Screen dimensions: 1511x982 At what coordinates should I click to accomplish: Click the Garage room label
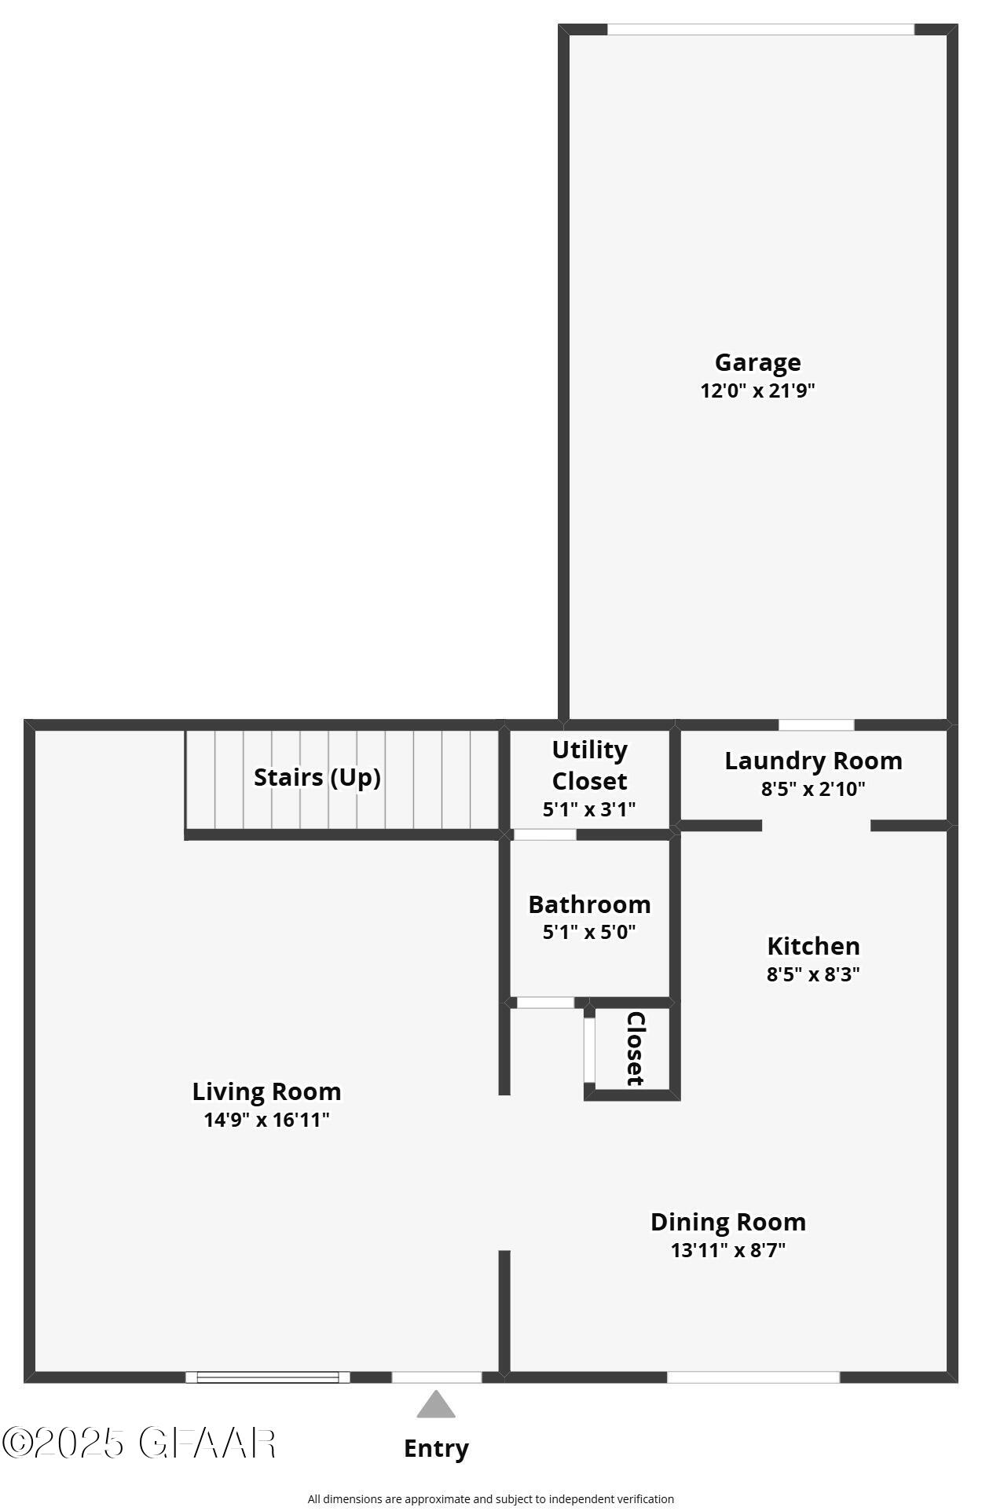click(x=757, y=362)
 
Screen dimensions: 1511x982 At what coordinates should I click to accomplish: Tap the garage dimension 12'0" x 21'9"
click(x=757, y=391)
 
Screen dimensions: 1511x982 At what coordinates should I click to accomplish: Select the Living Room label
click(x=266, y=1091)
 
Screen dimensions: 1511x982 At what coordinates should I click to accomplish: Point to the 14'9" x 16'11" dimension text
click(x=266, y=1120)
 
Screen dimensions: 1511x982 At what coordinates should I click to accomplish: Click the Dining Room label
click(x=727, y=1222)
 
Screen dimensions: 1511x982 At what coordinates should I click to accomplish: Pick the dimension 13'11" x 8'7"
click(x=727, y=1250)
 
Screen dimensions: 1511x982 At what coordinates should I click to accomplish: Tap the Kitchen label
click(x=813, y=945)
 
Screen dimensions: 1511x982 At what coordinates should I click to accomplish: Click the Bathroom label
click(x=589, y=904)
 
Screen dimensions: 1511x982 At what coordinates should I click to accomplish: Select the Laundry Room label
click(x=813, y=761)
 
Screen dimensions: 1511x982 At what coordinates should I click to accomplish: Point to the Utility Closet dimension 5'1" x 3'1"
click(x=589, y=809)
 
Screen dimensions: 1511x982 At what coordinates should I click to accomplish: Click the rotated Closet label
click(x=635, y=1049)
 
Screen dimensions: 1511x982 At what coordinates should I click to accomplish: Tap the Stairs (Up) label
click(x=317, y=777)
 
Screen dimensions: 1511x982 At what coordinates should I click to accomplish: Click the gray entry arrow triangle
click(x=436, y=1406)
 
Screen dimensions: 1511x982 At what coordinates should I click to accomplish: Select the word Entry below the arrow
click(x=436, y=1447)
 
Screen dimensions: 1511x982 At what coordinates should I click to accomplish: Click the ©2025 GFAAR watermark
click(x=140, y=1443)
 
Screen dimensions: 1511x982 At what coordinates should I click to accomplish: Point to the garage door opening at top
click(x=760, y=30)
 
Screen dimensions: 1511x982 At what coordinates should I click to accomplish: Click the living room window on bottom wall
click(x=267, y=1377)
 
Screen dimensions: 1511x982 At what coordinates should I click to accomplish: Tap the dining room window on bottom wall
click(x=753, y=1377)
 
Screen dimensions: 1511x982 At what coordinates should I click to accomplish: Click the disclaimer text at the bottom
click(x=490, y=1499)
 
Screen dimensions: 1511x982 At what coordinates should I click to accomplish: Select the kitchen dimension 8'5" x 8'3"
click(x=813, y=974)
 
